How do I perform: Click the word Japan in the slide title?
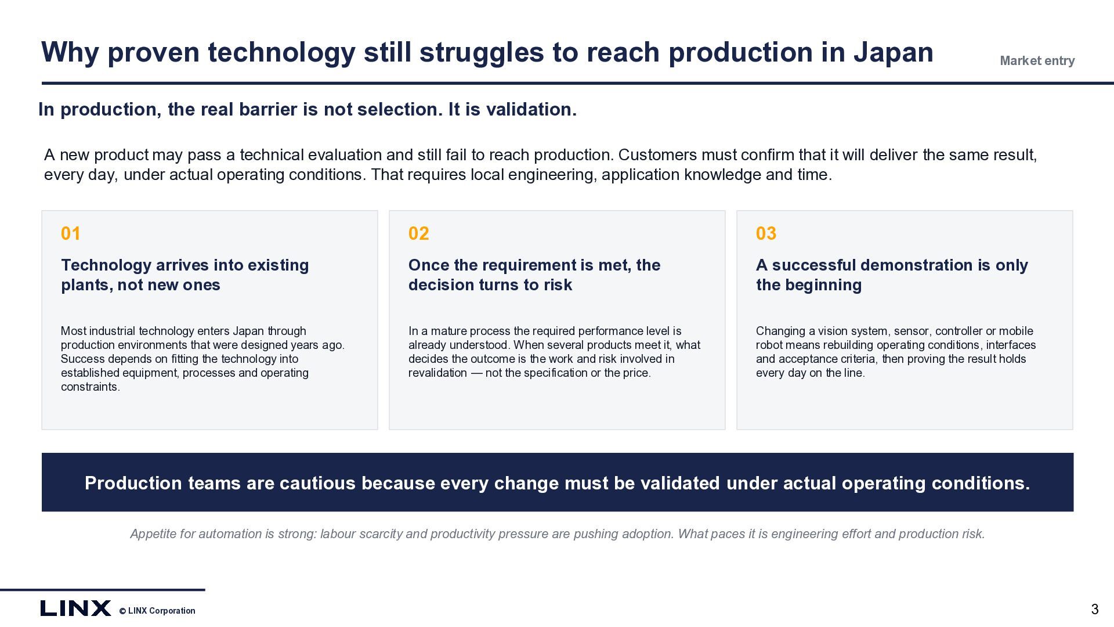pos(893,53)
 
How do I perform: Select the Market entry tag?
pos(1037,61)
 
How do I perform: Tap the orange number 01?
pos(71,233)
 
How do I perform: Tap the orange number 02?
pos(419,233)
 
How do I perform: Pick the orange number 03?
pos(766,233)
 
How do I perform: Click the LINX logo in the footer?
pos(75,608)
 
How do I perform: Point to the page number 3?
pos(1095,609)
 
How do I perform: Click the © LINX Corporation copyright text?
pos(157,611)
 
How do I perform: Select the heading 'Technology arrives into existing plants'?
pos(185,275)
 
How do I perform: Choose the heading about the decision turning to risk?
pos(534,275)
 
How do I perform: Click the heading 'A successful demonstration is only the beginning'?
pos(892,275)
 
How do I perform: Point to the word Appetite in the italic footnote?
pos(153,534)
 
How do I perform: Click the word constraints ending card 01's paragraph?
pos(91,387)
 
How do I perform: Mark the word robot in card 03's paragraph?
pos(769,345)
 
